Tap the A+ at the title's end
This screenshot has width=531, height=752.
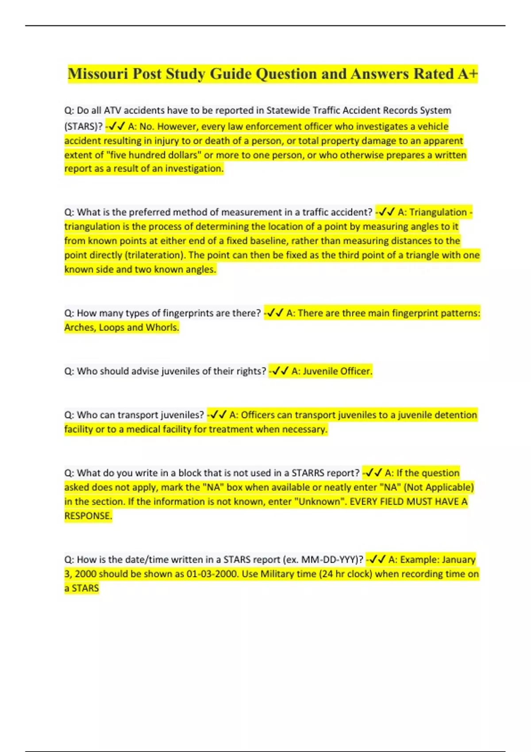[x=468, y=74]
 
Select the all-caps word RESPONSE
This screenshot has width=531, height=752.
[x=88, y=516]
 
